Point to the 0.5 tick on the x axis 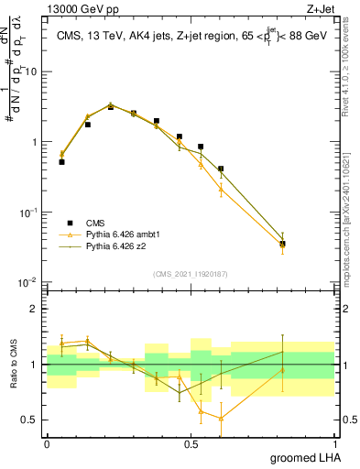tap(191, 443)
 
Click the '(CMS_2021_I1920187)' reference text tap(191, 273)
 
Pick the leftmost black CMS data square tap(61, 161)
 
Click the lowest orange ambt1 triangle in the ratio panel tap(221, 419)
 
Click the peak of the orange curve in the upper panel tap(111, 104)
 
